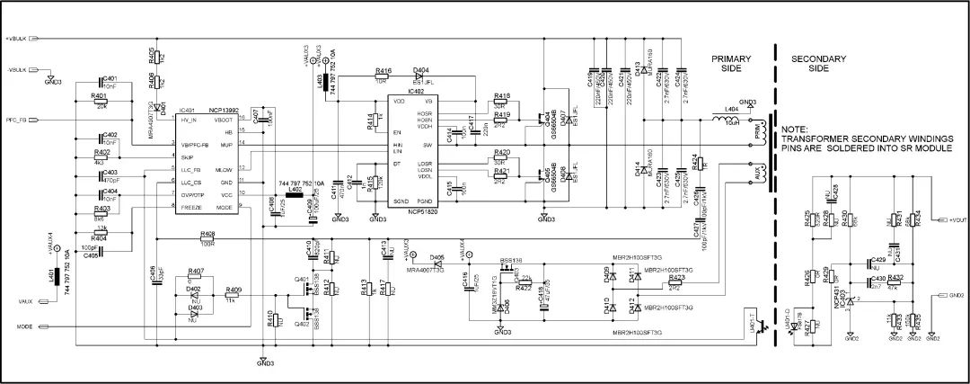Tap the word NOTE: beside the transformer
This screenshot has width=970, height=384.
[x=796, y=129]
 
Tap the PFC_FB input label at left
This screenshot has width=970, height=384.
[x=18, y=119]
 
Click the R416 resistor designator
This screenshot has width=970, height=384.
[x=384, y=70]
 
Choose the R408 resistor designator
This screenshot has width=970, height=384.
[x=207, y=232]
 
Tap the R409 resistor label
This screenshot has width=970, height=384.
[x=234, y=289]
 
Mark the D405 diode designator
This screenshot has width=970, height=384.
[x=437, y=256]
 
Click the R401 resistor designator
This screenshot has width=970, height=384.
[x=99, y=95]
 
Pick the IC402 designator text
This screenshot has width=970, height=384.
[x=416, y=92]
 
